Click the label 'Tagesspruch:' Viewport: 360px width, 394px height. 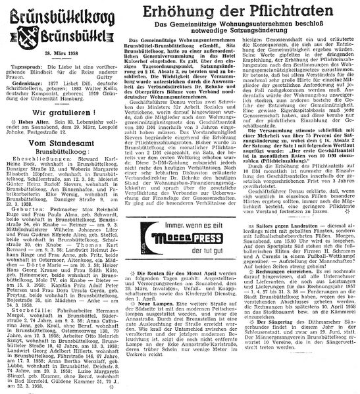pyautogui.click(x=32, y=66)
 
